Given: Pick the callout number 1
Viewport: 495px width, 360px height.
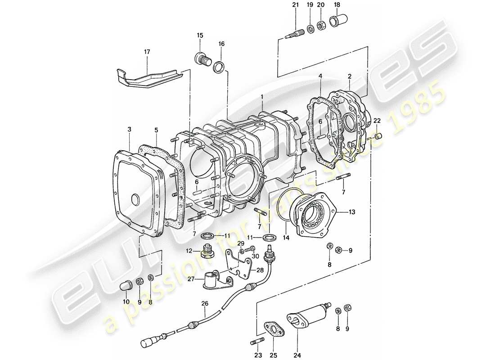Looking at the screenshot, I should [261, 96].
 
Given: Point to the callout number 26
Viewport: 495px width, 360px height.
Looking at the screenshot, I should [205, 304].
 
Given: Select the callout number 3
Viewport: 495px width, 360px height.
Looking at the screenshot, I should [129, 130].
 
